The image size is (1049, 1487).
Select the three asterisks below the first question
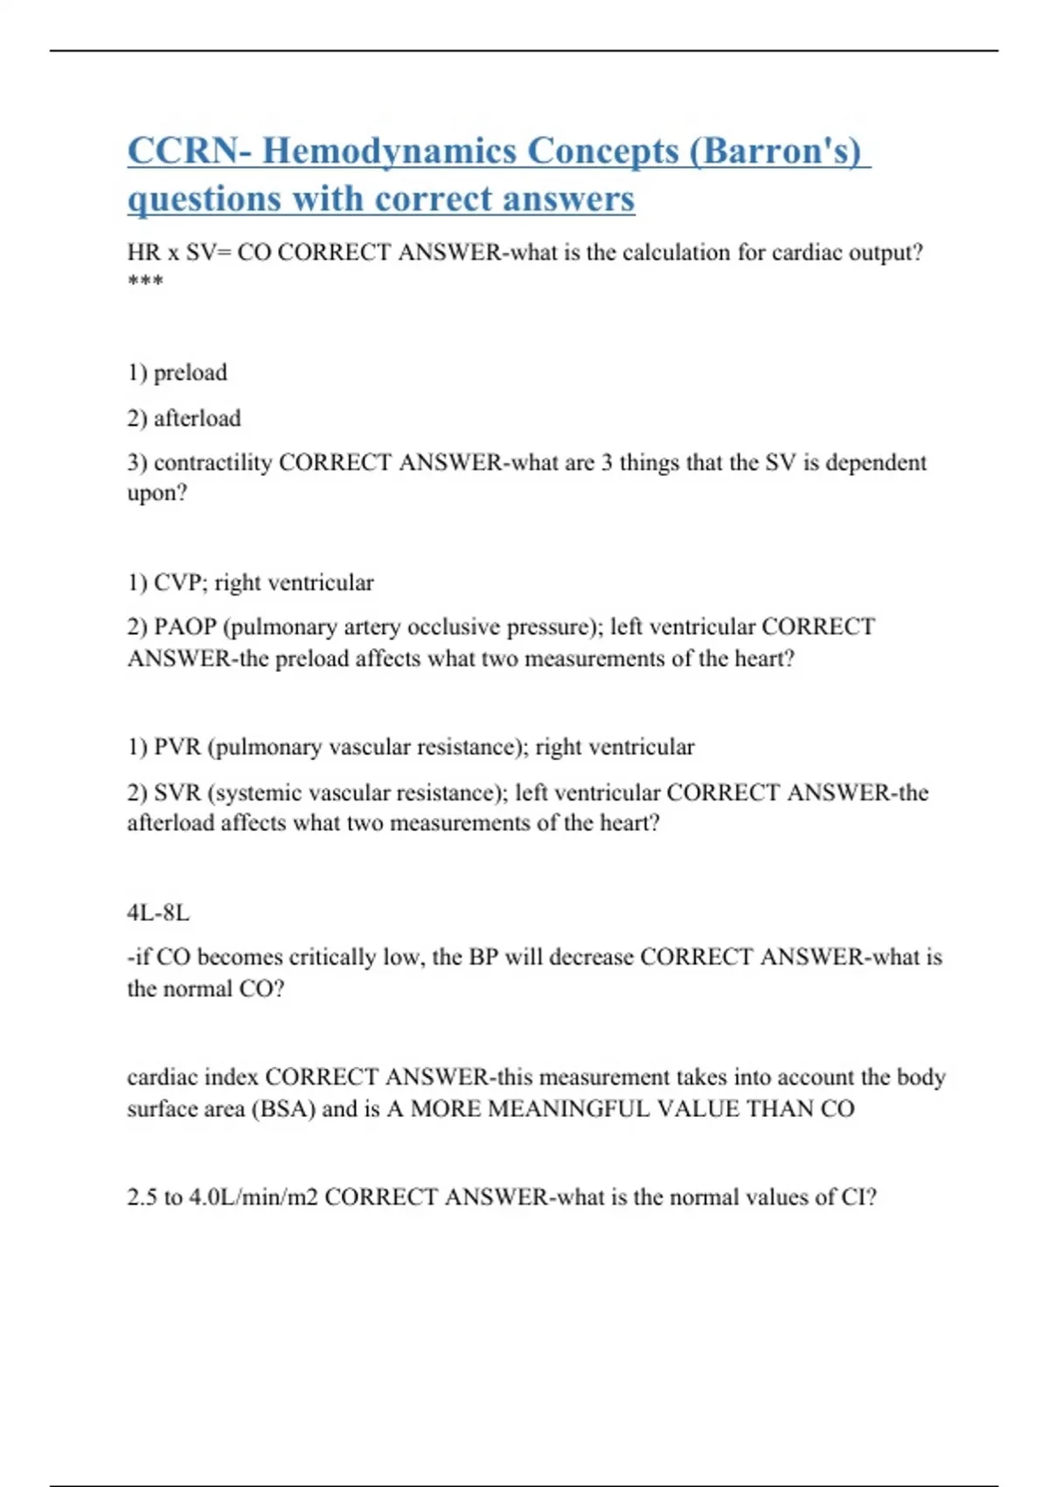coord(145,282)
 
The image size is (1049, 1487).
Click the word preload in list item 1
coord(190,373)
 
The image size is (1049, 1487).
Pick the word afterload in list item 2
coord(197,418)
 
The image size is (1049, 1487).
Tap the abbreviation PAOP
coord(184,627)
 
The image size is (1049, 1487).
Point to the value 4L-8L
coord(158,913)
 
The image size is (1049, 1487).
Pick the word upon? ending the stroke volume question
coord(157,493)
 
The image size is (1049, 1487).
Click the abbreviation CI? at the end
coord(858,1197)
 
